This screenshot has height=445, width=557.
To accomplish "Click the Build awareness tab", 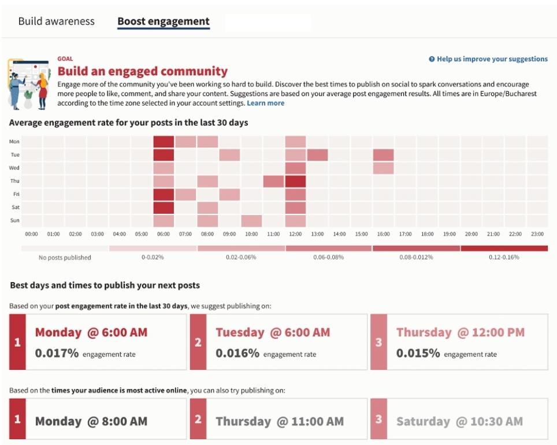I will pyautogui.click(x=56, y=21).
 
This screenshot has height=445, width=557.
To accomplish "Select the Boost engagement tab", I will pyautogui.click(x=163, y=21).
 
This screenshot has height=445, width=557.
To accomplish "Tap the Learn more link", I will pyautogui.click(x=265, y=103).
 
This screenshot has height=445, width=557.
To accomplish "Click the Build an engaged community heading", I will pyautogui.click(x=142, y=72).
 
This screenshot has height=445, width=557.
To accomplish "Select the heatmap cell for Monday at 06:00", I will pyautogui.click(x=164, y=142).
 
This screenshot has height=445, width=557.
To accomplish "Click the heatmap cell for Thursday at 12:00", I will pyautogui.click(x=295, y=181).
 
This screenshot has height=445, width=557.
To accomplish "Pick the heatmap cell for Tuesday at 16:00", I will pyautogui.click(x=383, y=155).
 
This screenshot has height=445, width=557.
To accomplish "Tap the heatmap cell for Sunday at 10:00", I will pyautogui.click(x=251, y=221).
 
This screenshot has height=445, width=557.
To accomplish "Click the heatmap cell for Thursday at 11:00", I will pyautogui.click(x=273, y=181).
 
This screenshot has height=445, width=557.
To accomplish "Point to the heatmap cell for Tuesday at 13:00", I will pyautogui.click(x=317, y=155).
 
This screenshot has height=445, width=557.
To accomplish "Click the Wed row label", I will pyautogui.click(x=14, y=168).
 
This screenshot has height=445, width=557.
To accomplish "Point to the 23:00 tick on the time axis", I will pyautogui.click(x=537, y=234).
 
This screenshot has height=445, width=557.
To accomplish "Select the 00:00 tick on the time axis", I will pyautogui.click(x=32, y=234).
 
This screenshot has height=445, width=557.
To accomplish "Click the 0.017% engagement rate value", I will pyautogui.click(x=57, y=353).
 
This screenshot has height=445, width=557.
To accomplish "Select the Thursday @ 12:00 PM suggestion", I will pyautogui.click(x=461, y=332).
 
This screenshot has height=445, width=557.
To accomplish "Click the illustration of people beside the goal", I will pyautogui.click(x=28, y=84).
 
